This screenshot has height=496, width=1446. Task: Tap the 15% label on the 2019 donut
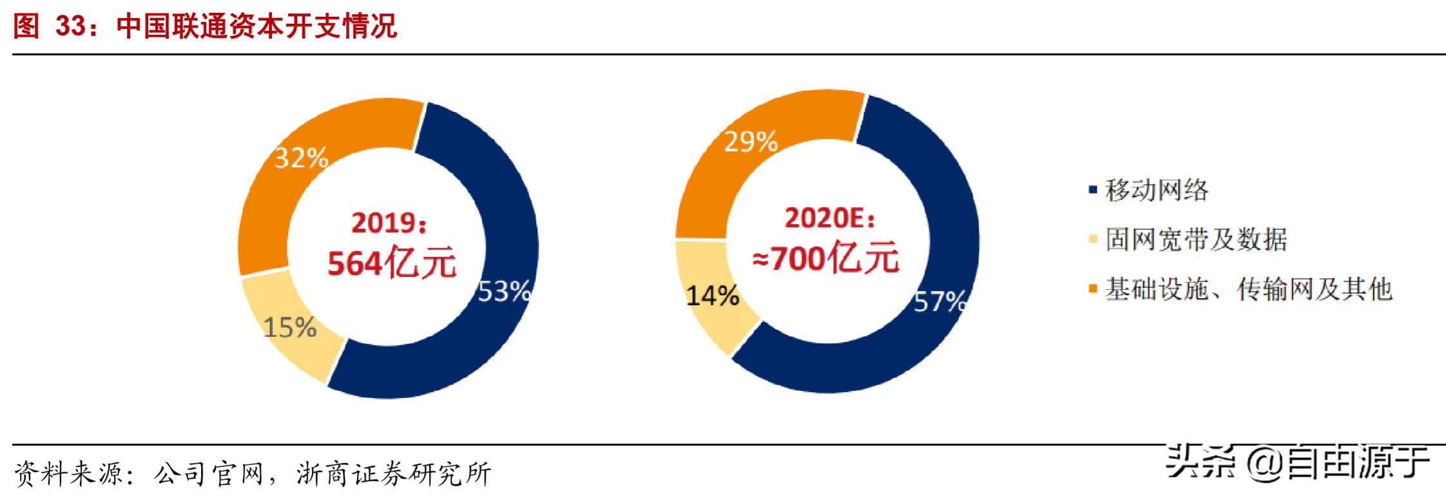click(x=290, y=328)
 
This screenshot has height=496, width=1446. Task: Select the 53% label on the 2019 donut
click(x=504, y=292)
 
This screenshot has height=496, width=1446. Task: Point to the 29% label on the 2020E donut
click(x=751, y=142)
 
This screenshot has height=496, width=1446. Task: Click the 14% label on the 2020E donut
click(x=712, y=296)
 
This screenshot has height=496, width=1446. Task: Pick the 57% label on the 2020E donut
click(x=940, y=301)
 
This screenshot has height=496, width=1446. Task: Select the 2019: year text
click(x=388, y=223)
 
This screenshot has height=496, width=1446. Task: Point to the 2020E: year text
click(x=830, y=219)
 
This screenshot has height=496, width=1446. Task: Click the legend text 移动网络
click(x=1157, y=190)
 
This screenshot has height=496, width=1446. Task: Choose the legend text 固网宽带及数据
click(x=1196, y=240)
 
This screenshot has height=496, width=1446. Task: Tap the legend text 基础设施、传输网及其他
click(x=1249, y=289)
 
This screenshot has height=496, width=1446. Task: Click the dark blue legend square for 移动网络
click(x=1092, y=190)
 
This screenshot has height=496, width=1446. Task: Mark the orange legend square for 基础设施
click(x=1092, y=289)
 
